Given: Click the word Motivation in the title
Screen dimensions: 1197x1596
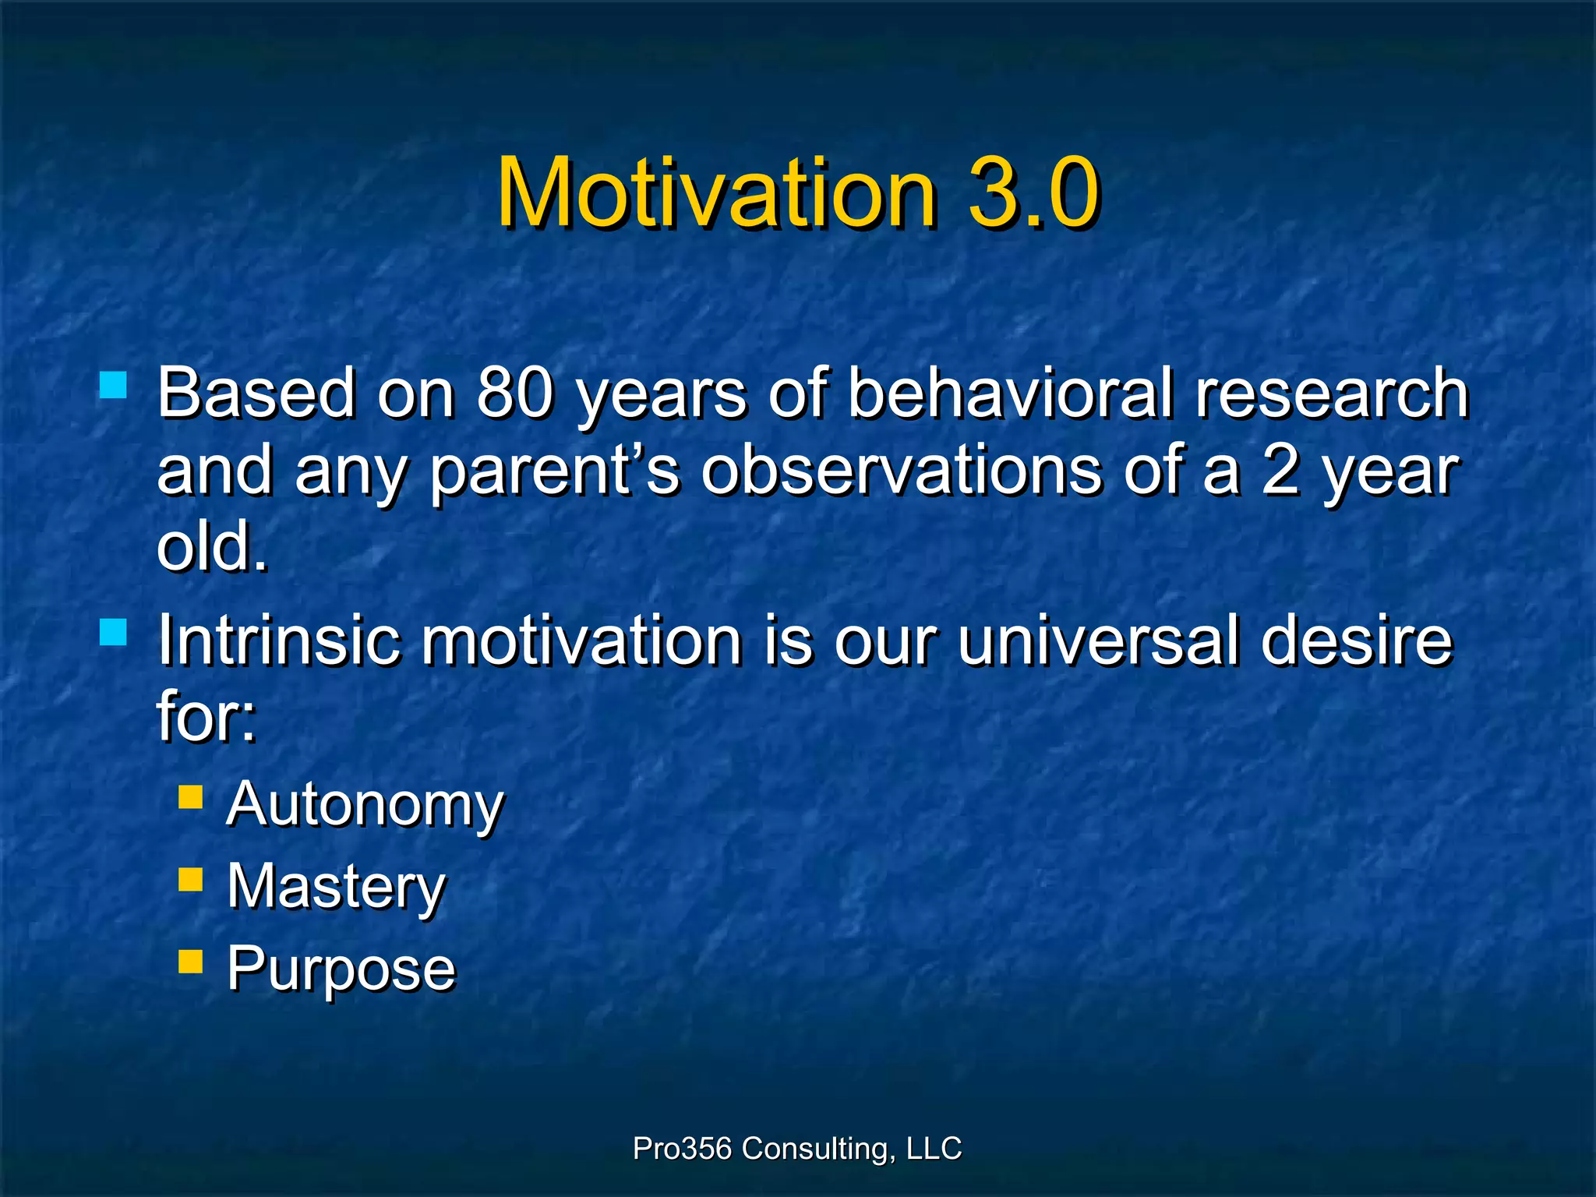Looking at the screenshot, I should [x=715, y=192].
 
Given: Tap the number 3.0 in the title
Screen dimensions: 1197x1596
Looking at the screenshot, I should [x=1033, y=192].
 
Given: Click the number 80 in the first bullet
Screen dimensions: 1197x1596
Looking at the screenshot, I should [x=514, y=394].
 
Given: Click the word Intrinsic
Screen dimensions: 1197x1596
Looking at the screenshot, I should [x=279, y=641].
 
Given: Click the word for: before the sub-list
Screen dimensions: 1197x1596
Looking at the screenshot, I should [x=207, y=715].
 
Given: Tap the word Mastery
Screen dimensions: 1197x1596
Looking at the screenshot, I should [x=336, y=888].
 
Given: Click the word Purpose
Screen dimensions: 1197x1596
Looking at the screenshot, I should [x=341, y=969].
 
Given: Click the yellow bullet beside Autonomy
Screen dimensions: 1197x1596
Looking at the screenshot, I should [x=190, y=798].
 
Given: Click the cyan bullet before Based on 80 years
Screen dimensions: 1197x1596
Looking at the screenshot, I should [x=114, y=385].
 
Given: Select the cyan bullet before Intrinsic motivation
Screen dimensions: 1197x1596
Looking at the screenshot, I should [x=114, y=632].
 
